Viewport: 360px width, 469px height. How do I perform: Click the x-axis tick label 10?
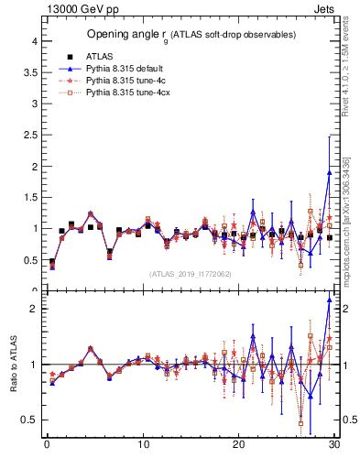(x=143, y=446)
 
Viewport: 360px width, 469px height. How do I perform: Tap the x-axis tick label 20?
(x=239, y=446)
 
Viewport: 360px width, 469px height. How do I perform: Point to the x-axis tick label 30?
(x=334, y=446)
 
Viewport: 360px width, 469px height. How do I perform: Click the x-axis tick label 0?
(x=47, y=446)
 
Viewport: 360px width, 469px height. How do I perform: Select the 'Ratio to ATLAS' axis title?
(x=14, y=364)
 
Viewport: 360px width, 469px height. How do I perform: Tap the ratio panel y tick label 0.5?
(x=29, y=420)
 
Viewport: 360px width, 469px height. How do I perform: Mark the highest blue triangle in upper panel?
(x=329, y=172)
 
